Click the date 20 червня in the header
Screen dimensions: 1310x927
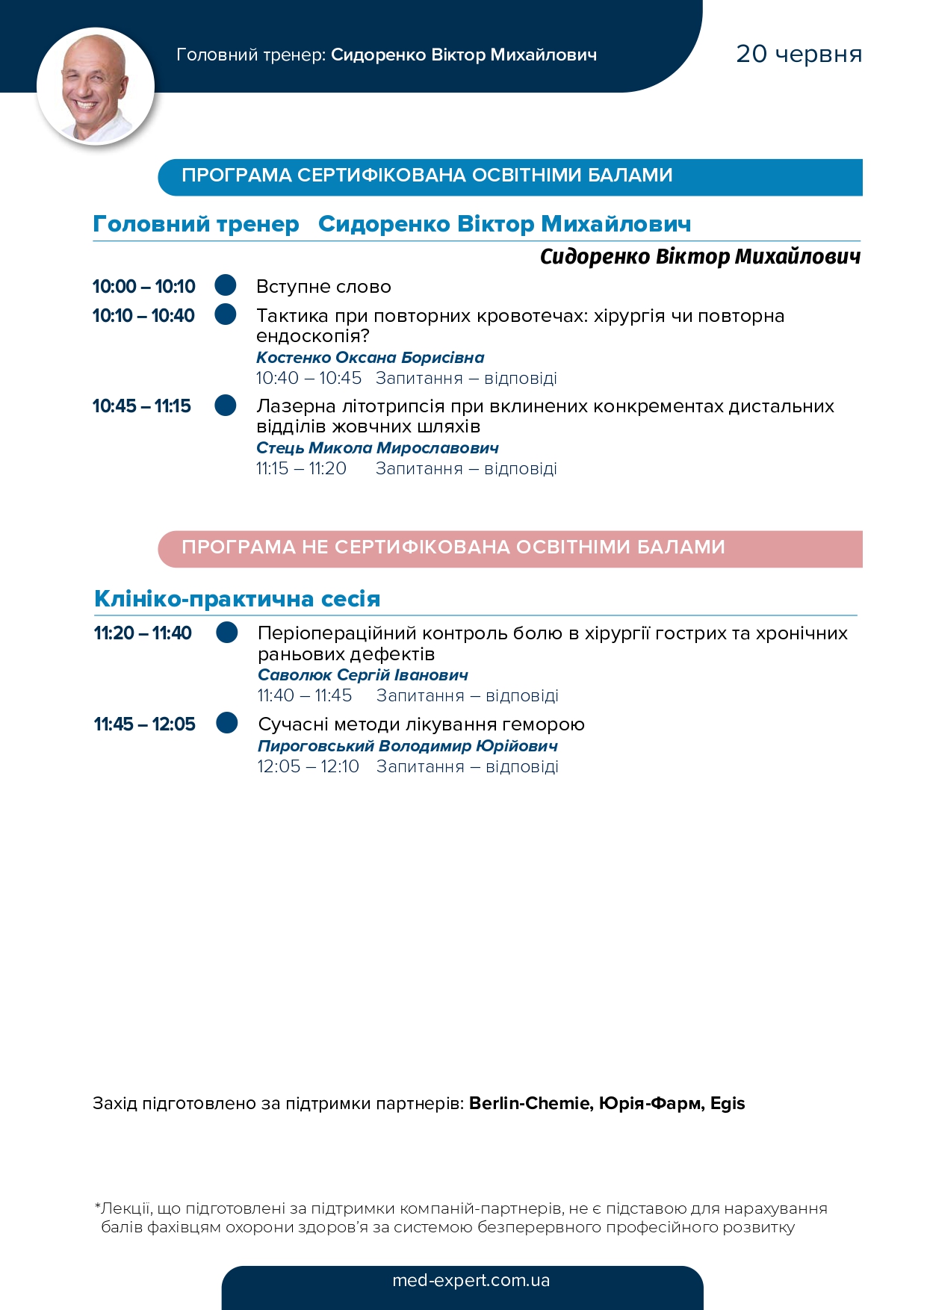(799, 54)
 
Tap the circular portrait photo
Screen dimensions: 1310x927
(96, 87)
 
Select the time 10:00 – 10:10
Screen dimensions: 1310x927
(143, 287)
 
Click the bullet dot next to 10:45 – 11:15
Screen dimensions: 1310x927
(226, 406)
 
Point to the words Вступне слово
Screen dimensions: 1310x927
(323, 287)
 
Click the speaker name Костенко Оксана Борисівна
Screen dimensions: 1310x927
(370, 358)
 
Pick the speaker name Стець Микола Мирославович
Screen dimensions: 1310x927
(377, 448)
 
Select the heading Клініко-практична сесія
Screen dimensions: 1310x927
(237, 599)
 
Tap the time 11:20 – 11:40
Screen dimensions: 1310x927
(143, 633)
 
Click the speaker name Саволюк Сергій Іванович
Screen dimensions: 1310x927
(362, 675)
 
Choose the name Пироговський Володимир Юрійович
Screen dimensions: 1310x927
(407, 746)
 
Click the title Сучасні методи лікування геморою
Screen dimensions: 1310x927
(421, 724)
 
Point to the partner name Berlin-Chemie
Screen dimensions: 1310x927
(529, 1103)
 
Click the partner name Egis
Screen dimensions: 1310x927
(728, 1103)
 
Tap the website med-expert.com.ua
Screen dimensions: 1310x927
(471, 1280)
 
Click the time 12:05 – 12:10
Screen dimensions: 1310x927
(308, 767)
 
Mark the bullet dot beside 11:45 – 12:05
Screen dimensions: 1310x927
(227, 723)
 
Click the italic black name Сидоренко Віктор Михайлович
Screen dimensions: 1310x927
(700, 257)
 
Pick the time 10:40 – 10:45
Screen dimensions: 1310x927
(309, 379)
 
